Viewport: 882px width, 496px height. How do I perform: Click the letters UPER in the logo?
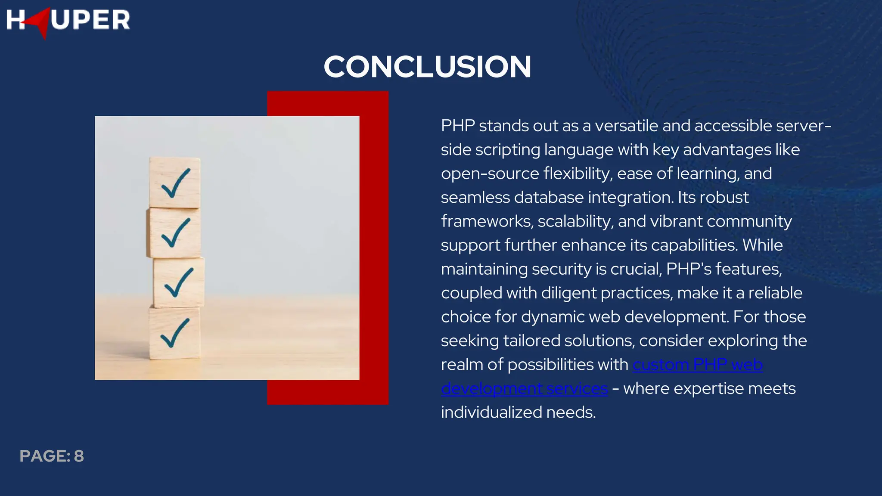click(90, 20)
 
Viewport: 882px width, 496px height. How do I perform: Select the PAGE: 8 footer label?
click(52, 456)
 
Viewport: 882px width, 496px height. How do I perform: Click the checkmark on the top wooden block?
click(175, 183)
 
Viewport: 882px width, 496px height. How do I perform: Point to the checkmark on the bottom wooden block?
click(174, 333)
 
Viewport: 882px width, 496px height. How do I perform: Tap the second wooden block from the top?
click(174, 233)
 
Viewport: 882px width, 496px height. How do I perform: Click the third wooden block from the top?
click(178, 282)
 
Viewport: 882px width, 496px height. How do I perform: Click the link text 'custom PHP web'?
click(697, 365)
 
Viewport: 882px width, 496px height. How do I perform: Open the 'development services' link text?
click(524, 388)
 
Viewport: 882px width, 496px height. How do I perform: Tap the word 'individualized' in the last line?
click(491, 412)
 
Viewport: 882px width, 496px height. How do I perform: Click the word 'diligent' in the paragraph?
click(568, 293)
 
